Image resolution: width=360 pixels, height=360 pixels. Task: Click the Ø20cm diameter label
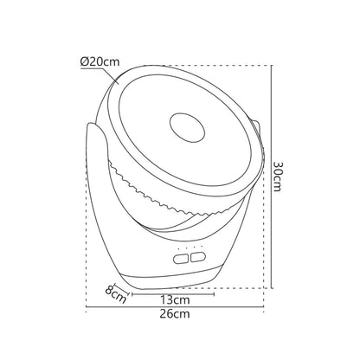click(100, 62)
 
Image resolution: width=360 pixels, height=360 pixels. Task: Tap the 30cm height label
click(278, 177)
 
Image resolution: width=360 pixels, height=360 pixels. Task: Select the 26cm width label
click(175, 313)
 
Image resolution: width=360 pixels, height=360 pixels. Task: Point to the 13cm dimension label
click(175, 300)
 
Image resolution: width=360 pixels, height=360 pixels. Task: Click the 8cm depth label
click(115, 294)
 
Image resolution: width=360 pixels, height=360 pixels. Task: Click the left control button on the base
click(181, 259)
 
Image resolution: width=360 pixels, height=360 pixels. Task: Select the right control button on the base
click(197, 257)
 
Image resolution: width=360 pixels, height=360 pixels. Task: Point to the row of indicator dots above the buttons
click(190, 247)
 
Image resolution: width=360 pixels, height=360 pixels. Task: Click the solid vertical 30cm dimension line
click(272, 177)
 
